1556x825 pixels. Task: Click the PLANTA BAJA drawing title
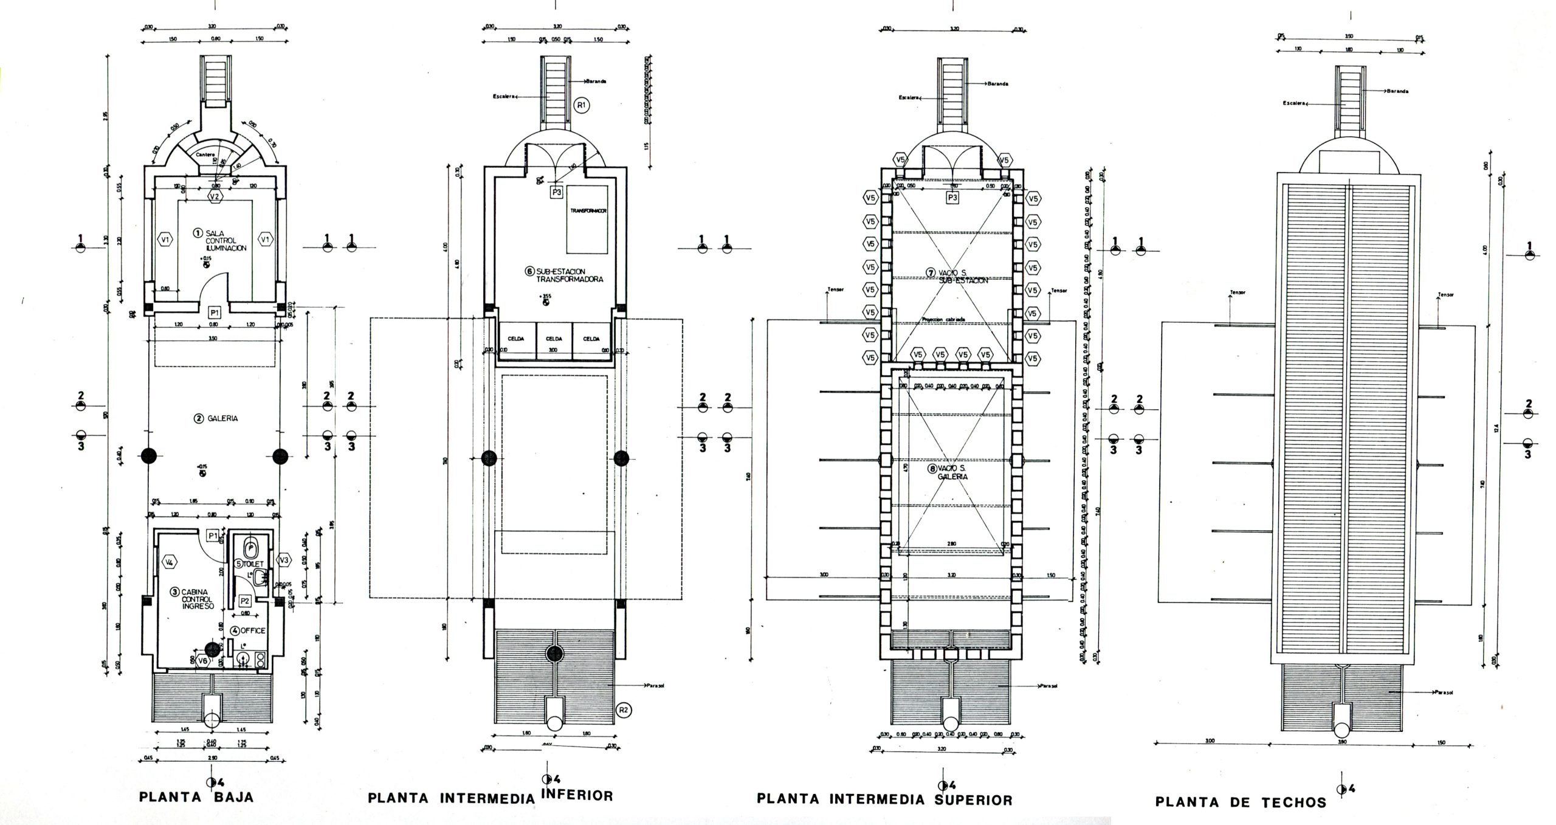point(196,797)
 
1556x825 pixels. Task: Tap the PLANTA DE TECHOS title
point(1241,802)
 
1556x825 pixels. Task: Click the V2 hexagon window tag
point(214,196)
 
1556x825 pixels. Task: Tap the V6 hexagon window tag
point(203,661)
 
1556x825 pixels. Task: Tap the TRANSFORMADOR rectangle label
point(588,210)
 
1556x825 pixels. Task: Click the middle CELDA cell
point(554,339)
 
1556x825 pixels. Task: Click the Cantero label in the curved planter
point(205,155)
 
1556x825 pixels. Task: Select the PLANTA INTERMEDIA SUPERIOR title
point(884,799)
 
